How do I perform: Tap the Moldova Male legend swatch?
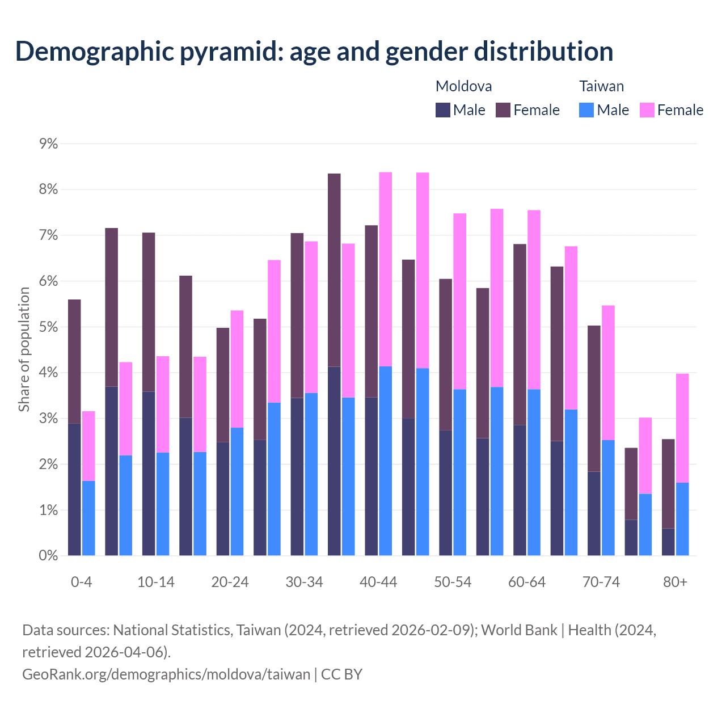point(443,110)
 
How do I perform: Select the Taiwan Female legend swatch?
point(647,110)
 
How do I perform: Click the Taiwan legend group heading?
point(601,86)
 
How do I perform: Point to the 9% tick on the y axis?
point(49,144)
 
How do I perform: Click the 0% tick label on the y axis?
point(49,556)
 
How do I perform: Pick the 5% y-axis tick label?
point(49,327)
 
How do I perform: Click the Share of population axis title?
point(24,349)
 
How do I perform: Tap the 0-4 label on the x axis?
point(82,583)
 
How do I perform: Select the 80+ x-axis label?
point(675,583)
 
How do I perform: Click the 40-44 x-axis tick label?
point(378,583)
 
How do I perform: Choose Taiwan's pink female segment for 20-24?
point(237,369)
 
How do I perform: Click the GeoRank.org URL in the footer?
point(166,674)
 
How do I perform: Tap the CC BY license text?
point(341,674)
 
